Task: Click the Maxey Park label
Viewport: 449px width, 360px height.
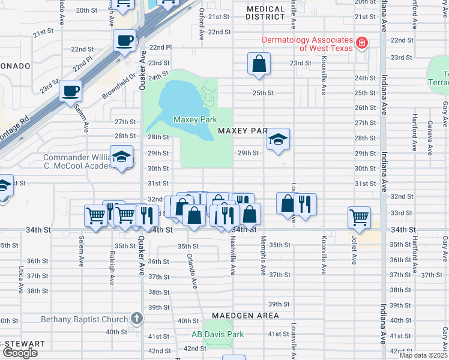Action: pyautogui.click(x=194, y=120)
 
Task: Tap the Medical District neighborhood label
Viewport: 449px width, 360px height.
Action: pyautogui.click(x=265, y=13)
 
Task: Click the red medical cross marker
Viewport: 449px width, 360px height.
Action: pyautogui.click(x=362, y=43)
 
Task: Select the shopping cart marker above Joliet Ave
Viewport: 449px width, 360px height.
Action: pyautogui.click(x=359, y=217)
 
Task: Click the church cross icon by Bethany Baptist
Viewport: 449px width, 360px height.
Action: pyautogui.click(x=137, y=319)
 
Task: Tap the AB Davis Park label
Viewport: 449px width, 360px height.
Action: pyautogui.click(x=217, y=334)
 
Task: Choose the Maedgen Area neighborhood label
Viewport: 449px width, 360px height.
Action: pyautogui.click(x=244, y=316)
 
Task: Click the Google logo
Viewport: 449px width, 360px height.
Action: pyautogui.click(x=20, y=353)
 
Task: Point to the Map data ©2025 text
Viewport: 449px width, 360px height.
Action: pyautogui.click(x=423, y=355)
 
